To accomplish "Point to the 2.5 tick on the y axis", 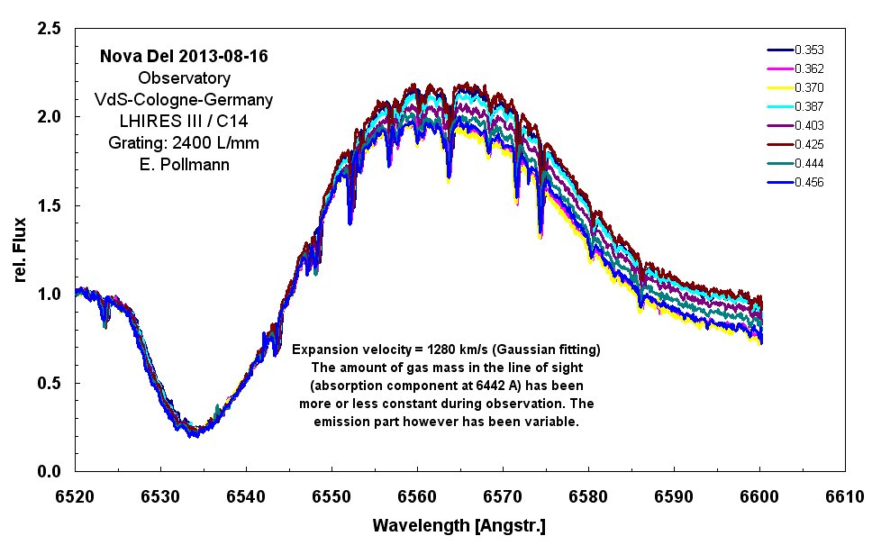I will (50, 30).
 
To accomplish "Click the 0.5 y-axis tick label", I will (50, 383).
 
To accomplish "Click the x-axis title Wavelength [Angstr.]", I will (459, 523).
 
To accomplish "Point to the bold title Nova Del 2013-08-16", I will (183, 57).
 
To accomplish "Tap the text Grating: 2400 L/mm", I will (183, 142).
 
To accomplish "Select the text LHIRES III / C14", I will (183, 121).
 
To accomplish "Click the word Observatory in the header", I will (183, 77).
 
